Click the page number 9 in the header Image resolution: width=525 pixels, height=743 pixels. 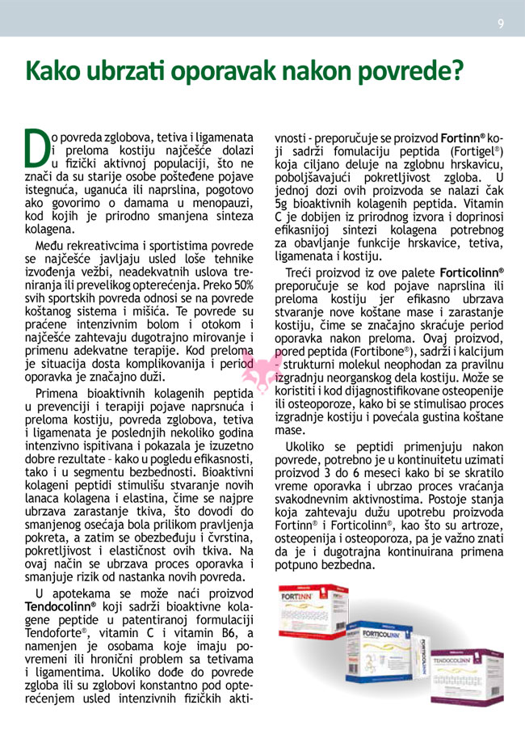(501, 24)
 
